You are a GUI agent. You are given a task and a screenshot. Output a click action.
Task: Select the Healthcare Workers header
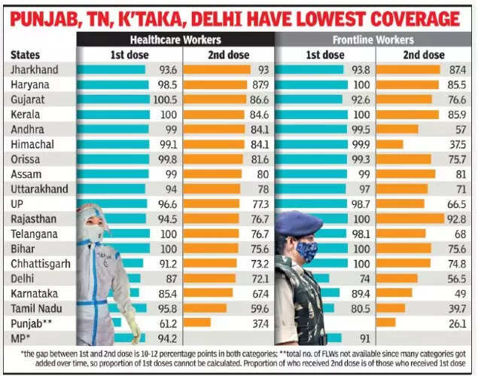[175, 39]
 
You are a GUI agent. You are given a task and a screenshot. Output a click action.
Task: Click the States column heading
[26, 55]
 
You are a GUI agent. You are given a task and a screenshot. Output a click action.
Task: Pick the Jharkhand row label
[34, 69]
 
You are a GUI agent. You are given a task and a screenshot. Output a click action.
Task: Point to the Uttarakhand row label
[39, 188]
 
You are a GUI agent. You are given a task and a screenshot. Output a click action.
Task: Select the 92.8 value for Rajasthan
[456, 218]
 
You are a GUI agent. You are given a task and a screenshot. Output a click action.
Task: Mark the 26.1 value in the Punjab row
[456, 323]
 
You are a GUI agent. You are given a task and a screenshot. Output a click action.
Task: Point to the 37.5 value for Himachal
[456, 144]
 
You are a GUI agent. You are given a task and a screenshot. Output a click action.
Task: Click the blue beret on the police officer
[299, 223]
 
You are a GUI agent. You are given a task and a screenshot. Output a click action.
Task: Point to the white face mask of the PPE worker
[94, 234]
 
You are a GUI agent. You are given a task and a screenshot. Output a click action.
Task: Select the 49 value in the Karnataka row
[458, 292]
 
